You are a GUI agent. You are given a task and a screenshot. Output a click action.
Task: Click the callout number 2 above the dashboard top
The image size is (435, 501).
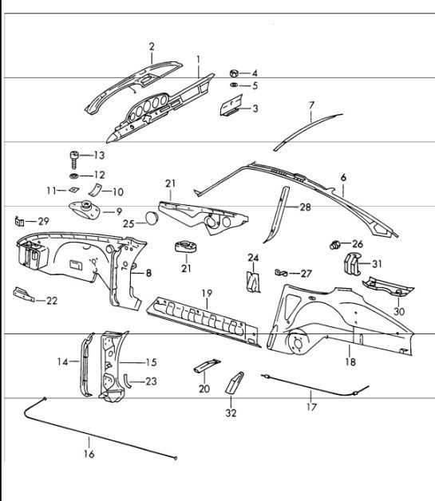point(152,46)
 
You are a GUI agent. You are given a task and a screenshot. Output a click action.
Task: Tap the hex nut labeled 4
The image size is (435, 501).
point(234,73)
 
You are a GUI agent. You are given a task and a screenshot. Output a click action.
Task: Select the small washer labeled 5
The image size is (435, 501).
point(234,85)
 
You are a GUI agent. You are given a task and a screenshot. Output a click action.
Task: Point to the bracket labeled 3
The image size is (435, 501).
point(231,105)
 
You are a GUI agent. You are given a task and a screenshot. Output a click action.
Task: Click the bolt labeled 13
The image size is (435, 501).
point(74,159)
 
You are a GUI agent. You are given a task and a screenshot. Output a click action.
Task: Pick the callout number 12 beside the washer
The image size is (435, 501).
point(99,175)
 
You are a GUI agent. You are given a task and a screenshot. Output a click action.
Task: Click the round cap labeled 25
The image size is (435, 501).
point(152,218)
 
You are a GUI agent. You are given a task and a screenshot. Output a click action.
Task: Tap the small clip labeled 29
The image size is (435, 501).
point(19,221)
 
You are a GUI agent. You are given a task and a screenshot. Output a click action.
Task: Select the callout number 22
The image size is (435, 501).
point(52,301)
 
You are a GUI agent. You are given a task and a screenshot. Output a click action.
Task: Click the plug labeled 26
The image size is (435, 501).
point(334,245)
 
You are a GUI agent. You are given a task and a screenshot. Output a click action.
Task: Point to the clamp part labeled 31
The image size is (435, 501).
point(352,263)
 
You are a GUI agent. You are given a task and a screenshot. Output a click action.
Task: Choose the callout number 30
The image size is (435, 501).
point(399,311)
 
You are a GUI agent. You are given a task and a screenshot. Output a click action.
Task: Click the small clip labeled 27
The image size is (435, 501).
point(281,273)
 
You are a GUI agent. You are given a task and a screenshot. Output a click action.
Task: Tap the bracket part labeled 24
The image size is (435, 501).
point(253,281)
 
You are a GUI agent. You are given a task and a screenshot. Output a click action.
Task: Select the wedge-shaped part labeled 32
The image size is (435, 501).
point(235,382)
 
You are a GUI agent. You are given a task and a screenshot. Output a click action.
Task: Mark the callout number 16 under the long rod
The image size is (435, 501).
point(89,454)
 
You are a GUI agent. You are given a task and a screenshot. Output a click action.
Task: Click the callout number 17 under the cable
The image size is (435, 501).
point(311,407)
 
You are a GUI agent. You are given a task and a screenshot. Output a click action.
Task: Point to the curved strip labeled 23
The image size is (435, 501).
point(127,381)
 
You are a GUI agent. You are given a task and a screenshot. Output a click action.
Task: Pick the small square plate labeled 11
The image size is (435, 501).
point(74,190)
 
